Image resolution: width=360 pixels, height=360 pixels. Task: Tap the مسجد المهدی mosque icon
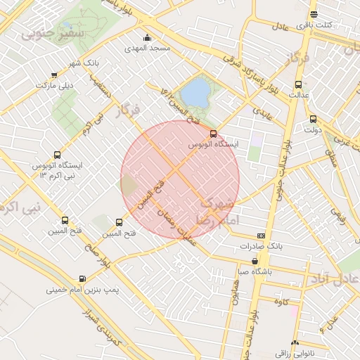coord(147,38)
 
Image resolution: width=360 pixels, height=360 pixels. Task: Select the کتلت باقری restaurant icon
coord(314,14)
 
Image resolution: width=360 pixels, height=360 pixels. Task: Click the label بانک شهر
coord(83,63)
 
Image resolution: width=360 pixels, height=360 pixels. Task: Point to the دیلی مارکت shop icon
coord(55,75)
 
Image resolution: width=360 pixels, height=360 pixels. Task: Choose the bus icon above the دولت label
coord(312,119)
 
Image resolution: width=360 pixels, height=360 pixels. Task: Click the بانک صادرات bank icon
coord(261,236)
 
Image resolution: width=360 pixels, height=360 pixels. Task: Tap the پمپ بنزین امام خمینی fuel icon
coord(83,279)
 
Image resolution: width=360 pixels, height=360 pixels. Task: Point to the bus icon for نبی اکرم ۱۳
coord(57,155)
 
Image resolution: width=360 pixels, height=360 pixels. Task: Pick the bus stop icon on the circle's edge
coord(214,133)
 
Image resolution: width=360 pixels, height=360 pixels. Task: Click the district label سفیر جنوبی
coord(53,32)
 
